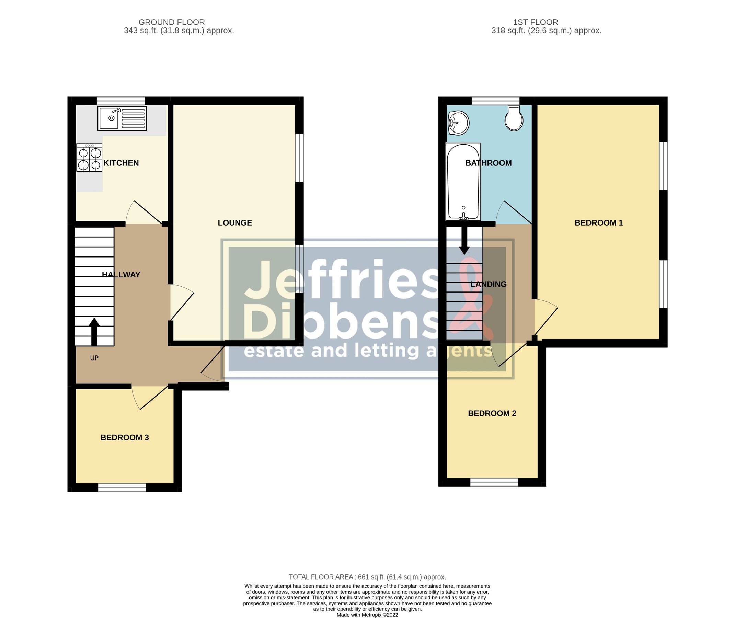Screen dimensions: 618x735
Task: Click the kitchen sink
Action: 122,118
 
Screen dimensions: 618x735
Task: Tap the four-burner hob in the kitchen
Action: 89,158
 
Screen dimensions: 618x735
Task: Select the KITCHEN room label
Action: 121,163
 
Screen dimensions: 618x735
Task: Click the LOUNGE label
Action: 235,223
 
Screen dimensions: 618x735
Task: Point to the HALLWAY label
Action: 121,275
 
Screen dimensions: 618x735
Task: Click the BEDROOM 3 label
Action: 125,437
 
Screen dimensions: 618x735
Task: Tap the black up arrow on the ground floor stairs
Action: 94,331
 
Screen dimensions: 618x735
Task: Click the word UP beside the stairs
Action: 94,358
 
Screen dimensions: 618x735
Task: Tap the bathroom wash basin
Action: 458,123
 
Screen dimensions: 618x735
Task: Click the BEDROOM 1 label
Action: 599,223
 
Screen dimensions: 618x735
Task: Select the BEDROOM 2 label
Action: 492,413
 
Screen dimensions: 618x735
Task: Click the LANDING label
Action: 489,284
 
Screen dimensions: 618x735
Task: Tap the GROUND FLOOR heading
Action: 172,22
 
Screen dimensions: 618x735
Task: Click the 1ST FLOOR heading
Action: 535,22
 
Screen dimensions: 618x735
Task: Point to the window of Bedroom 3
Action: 122,487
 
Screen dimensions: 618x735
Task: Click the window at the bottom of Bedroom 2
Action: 494,482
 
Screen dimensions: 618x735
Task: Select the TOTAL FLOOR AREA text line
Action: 367,577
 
